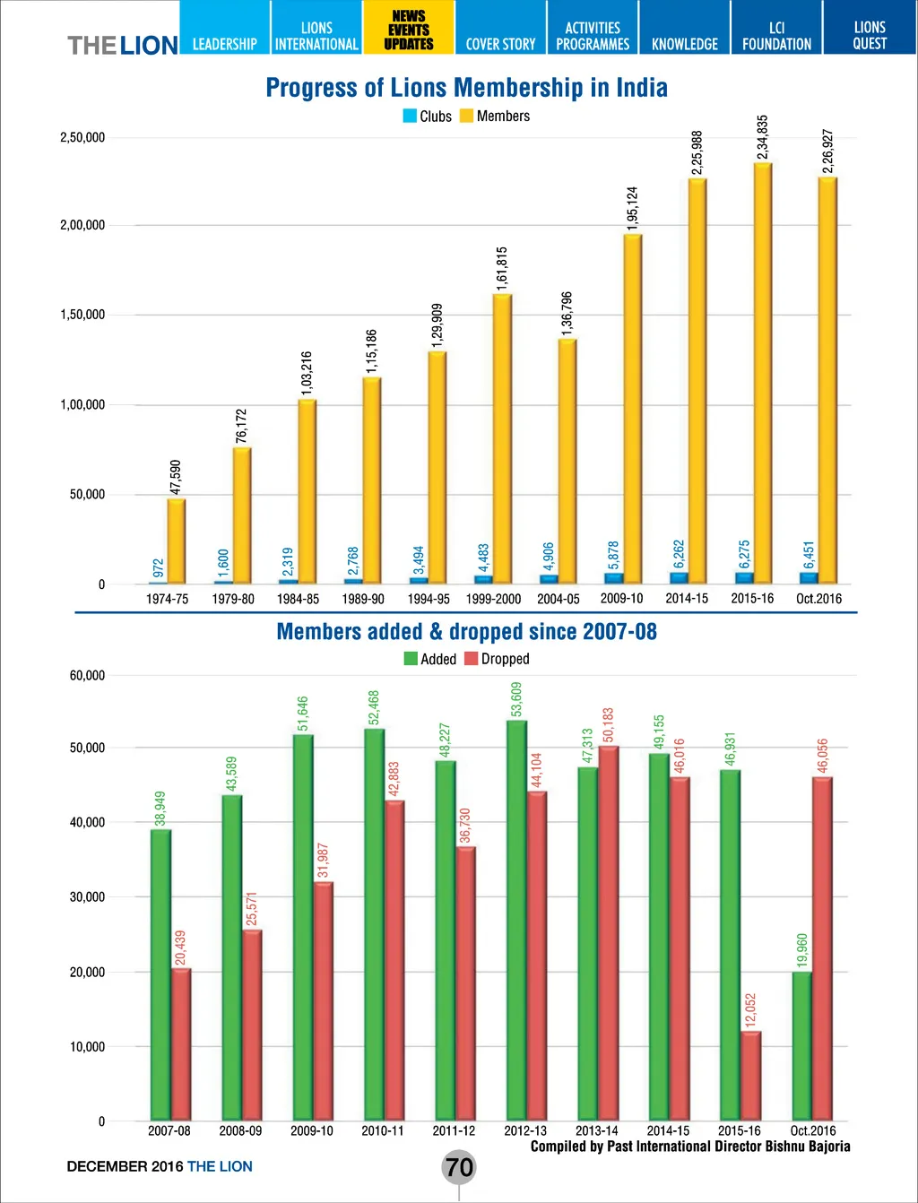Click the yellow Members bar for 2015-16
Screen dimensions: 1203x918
[x=763, y=372]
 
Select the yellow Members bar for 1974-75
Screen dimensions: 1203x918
[x=177, y=541]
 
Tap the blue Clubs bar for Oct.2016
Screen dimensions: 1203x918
[x=809, y=578]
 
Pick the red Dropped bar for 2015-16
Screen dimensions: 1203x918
[x=751, y=1075]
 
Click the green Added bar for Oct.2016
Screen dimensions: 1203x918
[x=801, y=1045]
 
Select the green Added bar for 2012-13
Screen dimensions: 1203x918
[x=516, y=920]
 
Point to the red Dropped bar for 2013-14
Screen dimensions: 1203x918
[x=609, y=932]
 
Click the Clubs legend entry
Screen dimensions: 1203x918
[x=428, y=117]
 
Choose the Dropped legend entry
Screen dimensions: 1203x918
[x=497, y=659]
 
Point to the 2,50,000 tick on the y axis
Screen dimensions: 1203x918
[x=82, y=137]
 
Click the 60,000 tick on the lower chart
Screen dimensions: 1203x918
[x=87, y=675]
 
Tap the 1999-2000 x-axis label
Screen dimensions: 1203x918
[x=493, y=599]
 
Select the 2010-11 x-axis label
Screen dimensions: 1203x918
[x=383, y=1130]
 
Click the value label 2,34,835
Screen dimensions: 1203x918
[x=763, y=137]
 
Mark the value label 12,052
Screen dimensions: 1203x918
[x=751, y=1009]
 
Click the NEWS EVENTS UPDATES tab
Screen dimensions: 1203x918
[x=409, y=30]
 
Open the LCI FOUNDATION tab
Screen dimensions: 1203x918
[x=776, y=36]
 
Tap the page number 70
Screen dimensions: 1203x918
[x=459, y=1167]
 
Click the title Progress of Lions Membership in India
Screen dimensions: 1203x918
[x=466, y=88]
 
